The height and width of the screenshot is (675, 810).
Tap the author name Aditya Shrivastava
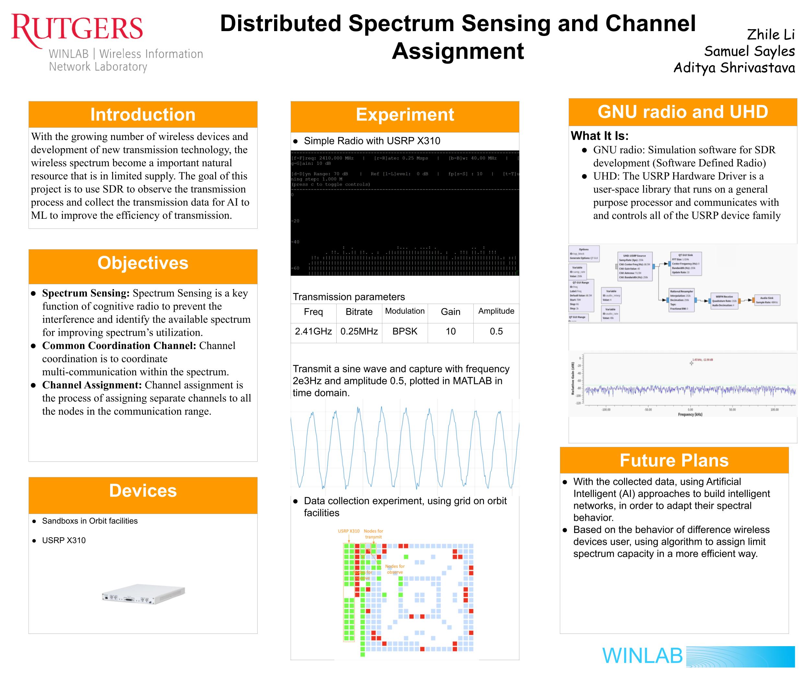click(734, 68)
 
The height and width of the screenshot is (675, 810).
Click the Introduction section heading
click(143, 115)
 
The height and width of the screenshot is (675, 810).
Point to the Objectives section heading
click(143, 263)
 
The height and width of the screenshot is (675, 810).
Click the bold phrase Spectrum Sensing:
click(86, 293)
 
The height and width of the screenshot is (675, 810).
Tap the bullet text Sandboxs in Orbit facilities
click(89, 521)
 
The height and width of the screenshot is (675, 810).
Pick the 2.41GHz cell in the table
click(313, 331)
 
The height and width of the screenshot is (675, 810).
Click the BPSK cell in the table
click(405, 331)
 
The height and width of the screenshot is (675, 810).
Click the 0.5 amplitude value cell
click(496, 331)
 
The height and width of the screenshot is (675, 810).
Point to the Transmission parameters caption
click(349, 297)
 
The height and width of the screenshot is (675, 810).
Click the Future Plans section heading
click(674, 460)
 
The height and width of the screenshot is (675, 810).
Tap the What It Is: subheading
click(599, 136)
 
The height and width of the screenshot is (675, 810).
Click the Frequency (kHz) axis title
click(690, 414)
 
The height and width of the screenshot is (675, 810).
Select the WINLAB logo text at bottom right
click(642, 656)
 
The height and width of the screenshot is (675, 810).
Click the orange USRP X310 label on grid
click(348, 531)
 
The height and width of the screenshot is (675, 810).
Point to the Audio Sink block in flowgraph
click(767, 300)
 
